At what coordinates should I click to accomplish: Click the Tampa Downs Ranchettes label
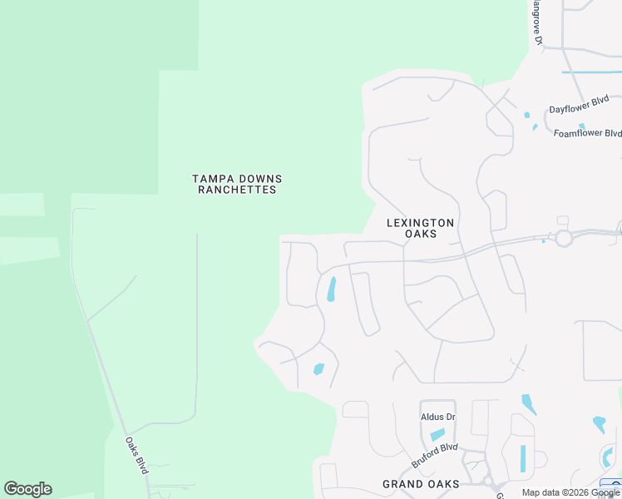click(x=237, y=184)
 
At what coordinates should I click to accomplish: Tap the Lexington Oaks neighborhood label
click(x=421, y=228)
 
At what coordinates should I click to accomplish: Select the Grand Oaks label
click(x=421, y=484)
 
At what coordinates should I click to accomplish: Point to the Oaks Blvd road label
click(x=137, y=455)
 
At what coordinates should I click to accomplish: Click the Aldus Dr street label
click(x=438, y=417)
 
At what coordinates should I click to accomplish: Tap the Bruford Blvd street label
click(x=435, y=455)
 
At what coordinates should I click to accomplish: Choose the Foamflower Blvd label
click(x=588, y=133)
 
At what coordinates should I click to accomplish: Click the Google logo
click(x=27, y=489)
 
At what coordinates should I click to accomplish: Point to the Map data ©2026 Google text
click(x=570, y=492)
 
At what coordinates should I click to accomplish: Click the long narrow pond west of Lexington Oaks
click(x=332, y=289)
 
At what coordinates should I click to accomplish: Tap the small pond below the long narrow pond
click(x=318, y=369)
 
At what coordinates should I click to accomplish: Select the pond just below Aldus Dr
click(x=437, y=434)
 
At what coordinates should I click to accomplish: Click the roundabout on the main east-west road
click(x=564, y=239)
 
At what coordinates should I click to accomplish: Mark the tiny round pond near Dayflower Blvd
click(x=526, y=115)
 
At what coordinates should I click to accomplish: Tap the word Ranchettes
click(x=237, y=190)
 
